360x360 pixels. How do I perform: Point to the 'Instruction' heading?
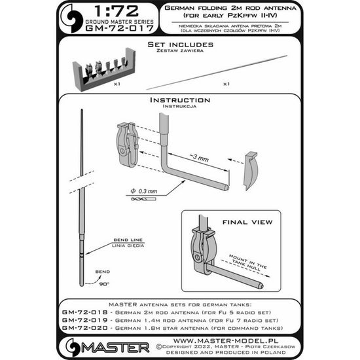pyautogui.click(x=179, y=100)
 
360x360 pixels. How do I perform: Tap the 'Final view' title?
pyautogui.click(x=242, y=221)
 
